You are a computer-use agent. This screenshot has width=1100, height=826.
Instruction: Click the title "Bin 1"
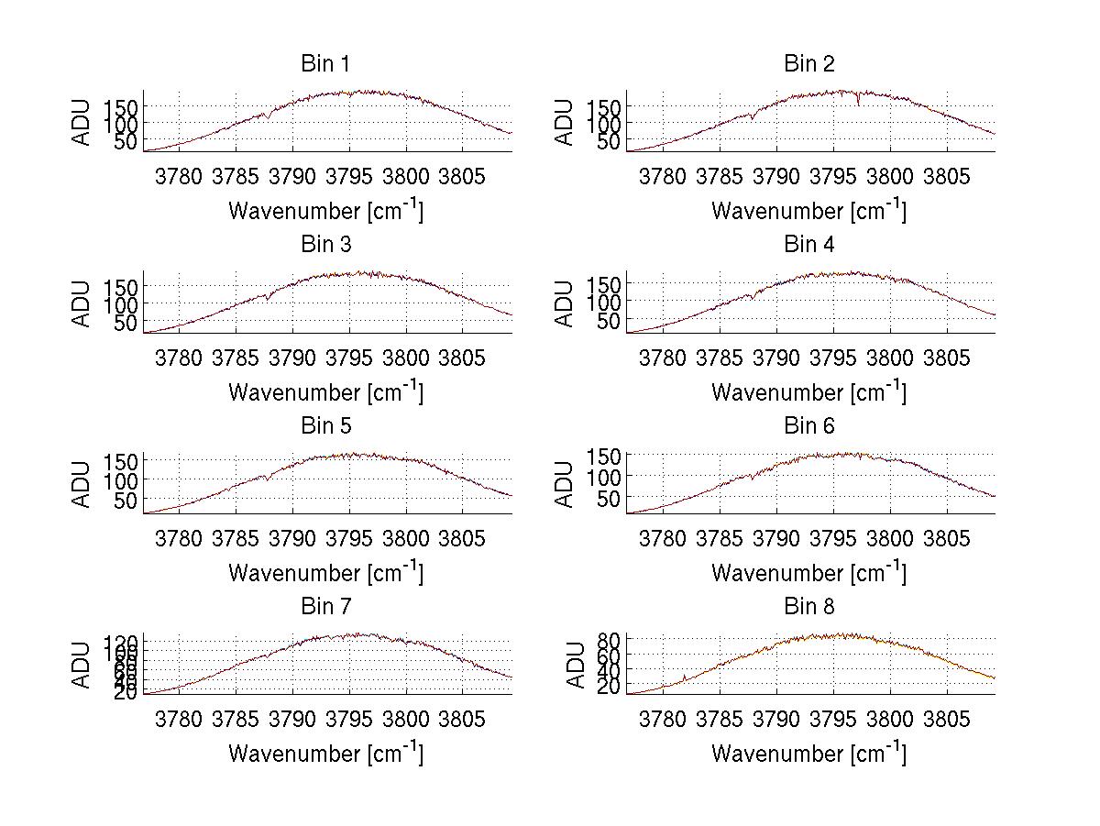(324, 63)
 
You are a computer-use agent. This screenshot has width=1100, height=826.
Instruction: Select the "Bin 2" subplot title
(808, 63)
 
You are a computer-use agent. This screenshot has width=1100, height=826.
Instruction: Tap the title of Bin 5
(324, 425)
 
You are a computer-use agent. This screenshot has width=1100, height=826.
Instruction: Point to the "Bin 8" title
(808, 606)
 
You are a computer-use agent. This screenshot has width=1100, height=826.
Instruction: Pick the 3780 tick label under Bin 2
(662, 176)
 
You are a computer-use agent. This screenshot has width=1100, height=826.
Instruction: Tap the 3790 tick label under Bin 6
(775, 537)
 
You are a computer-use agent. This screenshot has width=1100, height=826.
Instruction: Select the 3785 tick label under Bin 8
(719, 718)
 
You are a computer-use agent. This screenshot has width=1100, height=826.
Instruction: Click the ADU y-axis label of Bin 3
(82, 303)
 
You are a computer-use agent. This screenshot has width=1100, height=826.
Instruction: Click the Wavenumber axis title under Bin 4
(808, 391)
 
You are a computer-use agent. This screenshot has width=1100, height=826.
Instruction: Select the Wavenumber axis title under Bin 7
(324, 753)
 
